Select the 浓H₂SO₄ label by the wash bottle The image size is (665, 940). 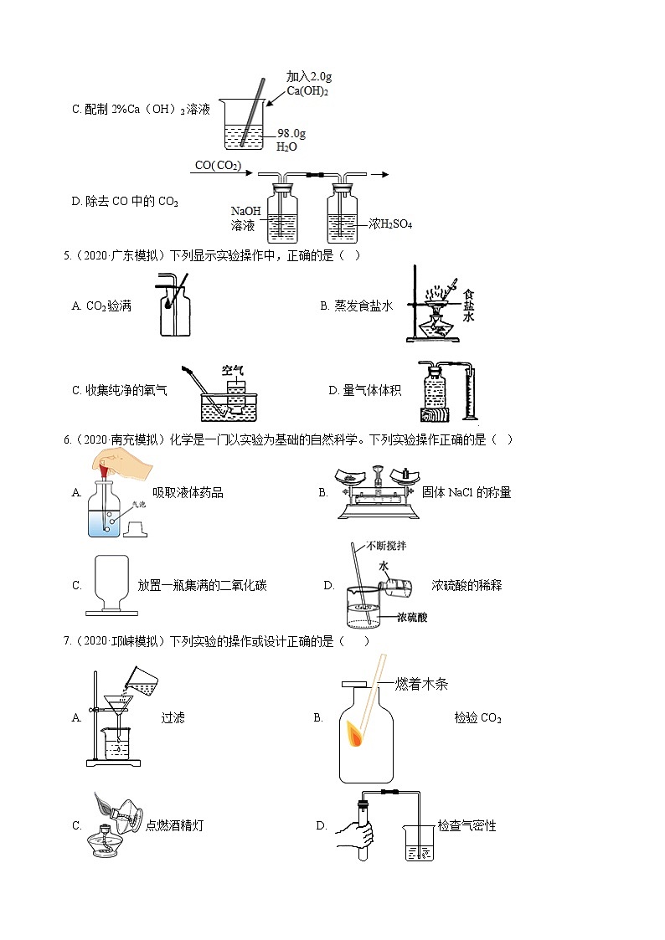pos(390,224)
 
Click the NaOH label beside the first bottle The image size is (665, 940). pos(246,212)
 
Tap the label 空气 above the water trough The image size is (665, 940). pos(232,370)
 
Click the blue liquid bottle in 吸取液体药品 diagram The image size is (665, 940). pos(105,511)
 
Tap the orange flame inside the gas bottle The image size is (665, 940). pos(356,737)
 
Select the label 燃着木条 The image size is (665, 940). pos(422,685)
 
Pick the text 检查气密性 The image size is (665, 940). pos(467,826)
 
